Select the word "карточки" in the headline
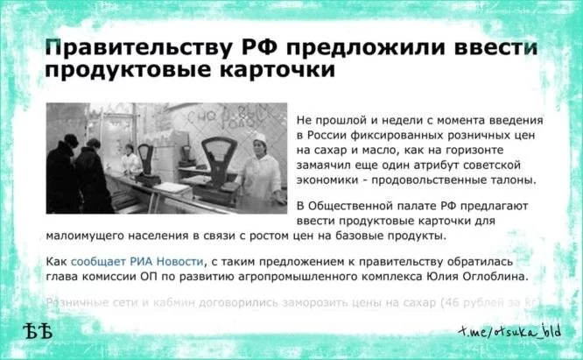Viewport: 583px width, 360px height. point(282,71)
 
